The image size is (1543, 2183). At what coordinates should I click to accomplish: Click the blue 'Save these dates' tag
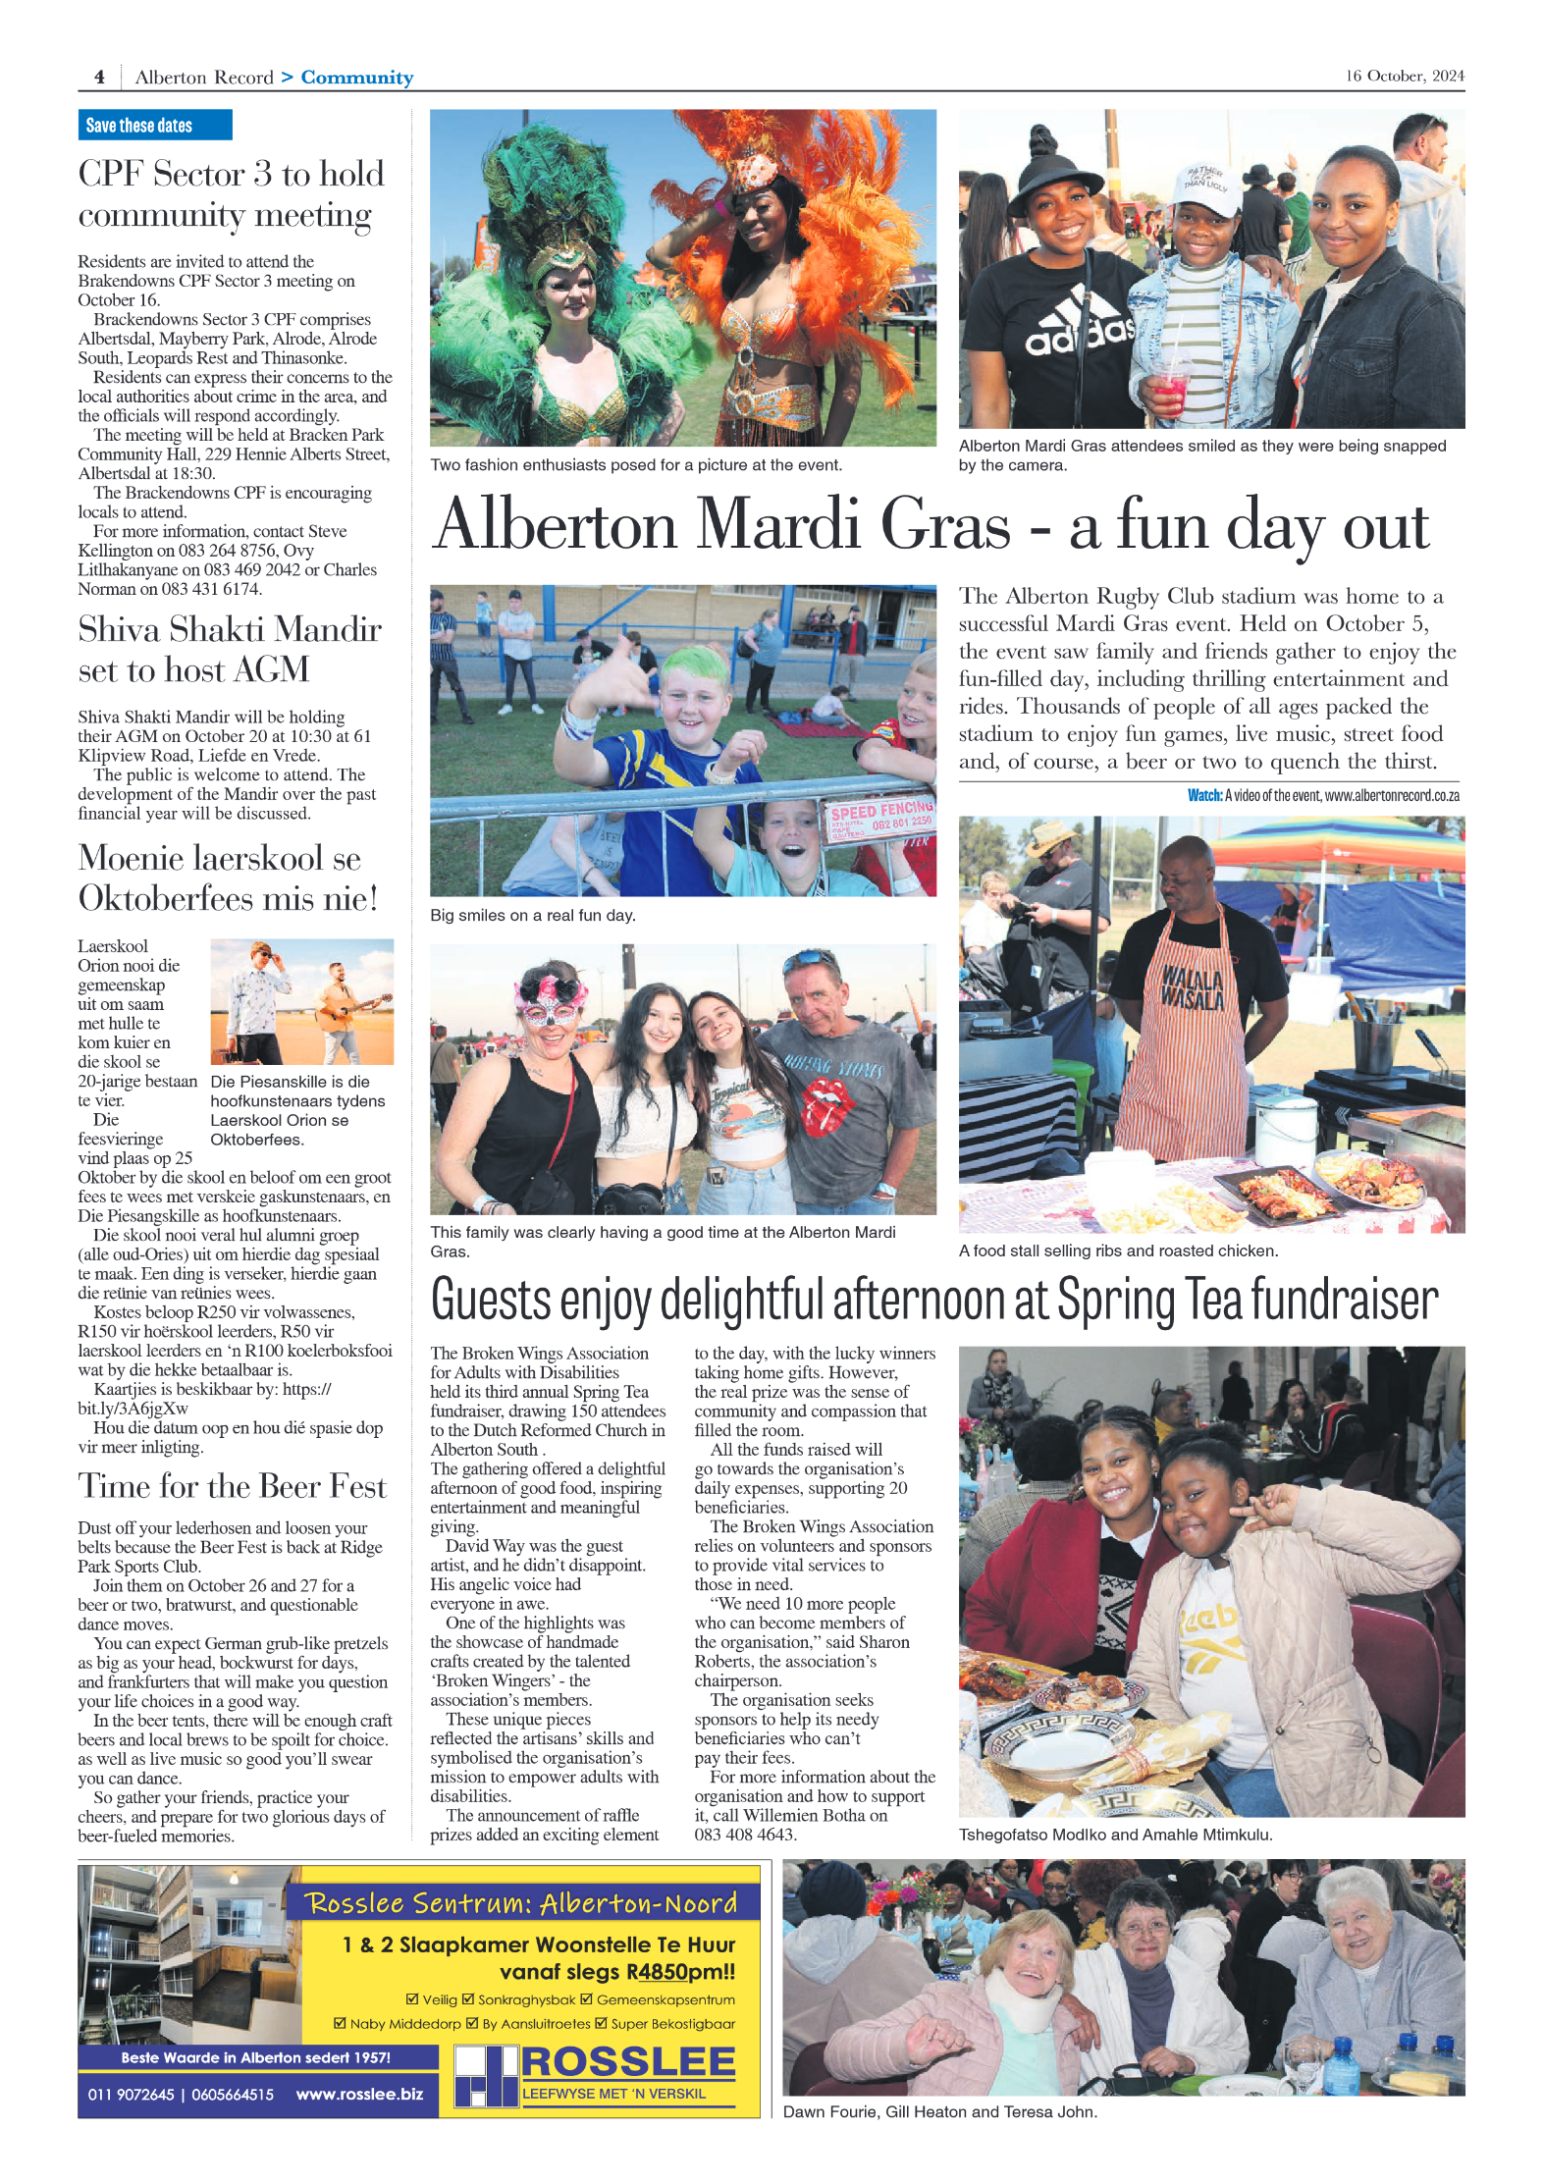pyautogui.click(x=154, y=125)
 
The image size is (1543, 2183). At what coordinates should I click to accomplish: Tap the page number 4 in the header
pyautogui.click(x=99, y=77)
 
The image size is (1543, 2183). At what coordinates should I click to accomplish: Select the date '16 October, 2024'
pyautogui.click(x=1404, y=76)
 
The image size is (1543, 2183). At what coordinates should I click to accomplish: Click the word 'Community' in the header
pyautogui.click(x=356, y=78)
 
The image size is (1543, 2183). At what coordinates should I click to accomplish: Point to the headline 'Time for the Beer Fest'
pyautogui.click(x=233, y=1486)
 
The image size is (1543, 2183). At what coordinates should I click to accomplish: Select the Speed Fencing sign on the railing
pyautogui.click(x=879, y=817)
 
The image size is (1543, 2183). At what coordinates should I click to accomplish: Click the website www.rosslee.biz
pyautogui.click(x=359, y=2094)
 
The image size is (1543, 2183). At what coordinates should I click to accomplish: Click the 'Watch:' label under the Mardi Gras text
pyautogui.click(x=1203, y=795)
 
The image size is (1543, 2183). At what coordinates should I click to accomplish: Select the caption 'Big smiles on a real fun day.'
pyautogui.click(x=532, y=915)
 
